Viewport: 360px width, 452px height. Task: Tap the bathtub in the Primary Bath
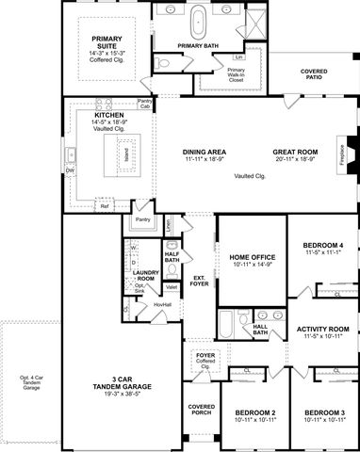point(199,20)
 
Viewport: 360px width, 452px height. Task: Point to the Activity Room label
point(322,329)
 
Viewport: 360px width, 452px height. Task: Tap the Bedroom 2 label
point(254,413)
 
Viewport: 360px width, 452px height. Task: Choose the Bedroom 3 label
point(323,413)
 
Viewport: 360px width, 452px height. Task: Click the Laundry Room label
point(145,276)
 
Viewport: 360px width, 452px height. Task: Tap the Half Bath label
point(172,255)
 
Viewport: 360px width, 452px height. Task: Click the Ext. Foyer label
point(199,280)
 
